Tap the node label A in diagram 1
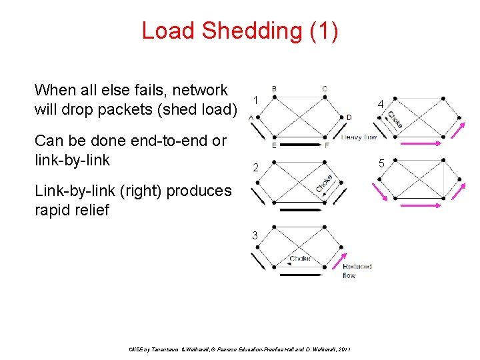tap(251, 117)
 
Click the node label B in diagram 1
tap(275, 89)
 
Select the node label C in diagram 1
tap(324, 89)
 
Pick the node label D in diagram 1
tap(349, 118)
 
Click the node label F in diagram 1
tap(326, 146)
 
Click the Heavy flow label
tap(359, 137)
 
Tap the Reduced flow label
tap(357, 271)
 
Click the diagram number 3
tap(254, 234)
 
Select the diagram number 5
tap(381, 163)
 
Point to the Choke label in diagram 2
tap(325, 184)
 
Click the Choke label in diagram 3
tap(299, 259)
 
